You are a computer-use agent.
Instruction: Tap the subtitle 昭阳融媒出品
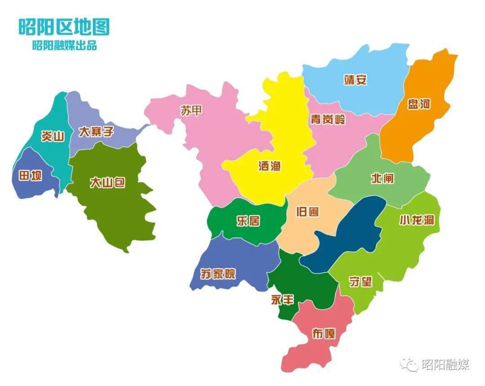pos(64,45)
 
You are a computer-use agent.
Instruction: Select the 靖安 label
pos(355,80)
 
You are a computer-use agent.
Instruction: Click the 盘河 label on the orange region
pos(419,105)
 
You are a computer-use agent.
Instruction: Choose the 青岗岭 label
pos(328,119)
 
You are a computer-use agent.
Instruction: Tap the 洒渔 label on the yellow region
pos(269,165)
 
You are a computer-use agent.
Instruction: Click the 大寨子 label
pos(96,132)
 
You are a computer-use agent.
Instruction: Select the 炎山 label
pos(53,136)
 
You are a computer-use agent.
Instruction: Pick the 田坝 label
pos(30,175)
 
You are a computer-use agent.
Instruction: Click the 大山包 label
pos(107,183)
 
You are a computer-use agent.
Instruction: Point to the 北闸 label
pos(382,178)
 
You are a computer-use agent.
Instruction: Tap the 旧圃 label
pos(308,211)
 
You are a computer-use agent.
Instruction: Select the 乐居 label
pos(248,220)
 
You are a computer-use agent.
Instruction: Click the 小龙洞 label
pos(417,220)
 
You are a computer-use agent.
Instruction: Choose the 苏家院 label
pos(218,273)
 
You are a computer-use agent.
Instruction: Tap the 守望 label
pos(361,281)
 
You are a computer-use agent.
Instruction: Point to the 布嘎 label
pos(323,333)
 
